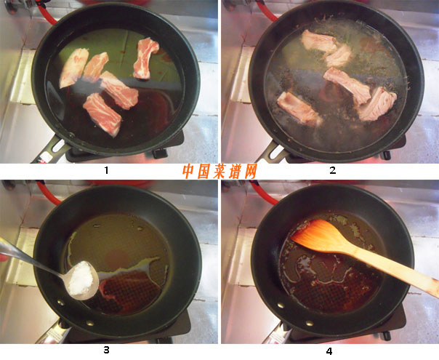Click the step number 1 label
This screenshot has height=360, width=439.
click(106, 169)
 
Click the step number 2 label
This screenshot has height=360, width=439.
click(333, 169)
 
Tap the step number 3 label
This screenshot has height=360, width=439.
click(106, 350)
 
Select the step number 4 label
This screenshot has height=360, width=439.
click(329, 351)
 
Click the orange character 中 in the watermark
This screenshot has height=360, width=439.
click(188, 171)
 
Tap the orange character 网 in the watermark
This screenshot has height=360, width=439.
click(250, 171)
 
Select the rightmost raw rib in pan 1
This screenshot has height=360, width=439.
click(145, 58)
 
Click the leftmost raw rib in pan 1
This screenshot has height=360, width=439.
click(73, 68)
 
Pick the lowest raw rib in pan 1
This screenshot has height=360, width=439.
click(102, 114)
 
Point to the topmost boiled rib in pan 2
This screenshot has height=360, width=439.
click(318, 42)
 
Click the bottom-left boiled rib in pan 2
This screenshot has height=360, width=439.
click(299, 109)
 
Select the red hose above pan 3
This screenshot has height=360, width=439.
click(47, 193)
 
